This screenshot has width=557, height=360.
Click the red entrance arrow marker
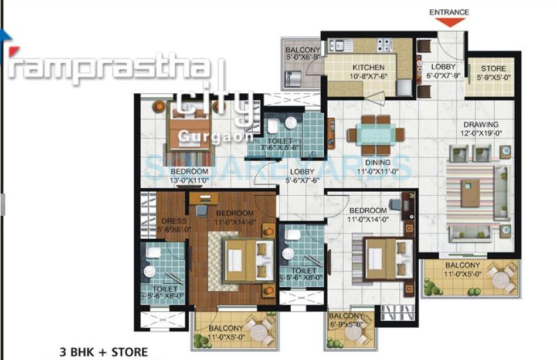[450, 22]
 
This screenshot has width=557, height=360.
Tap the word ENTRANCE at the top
[449, 12]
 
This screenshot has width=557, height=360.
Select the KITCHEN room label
[368, 68]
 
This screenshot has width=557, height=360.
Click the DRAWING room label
[481, 124]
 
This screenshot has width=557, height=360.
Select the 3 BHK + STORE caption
[104, 352]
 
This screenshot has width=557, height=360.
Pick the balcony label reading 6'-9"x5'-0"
[347, 324]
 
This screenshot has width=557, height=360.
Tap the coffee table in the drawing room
[470, 193]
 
